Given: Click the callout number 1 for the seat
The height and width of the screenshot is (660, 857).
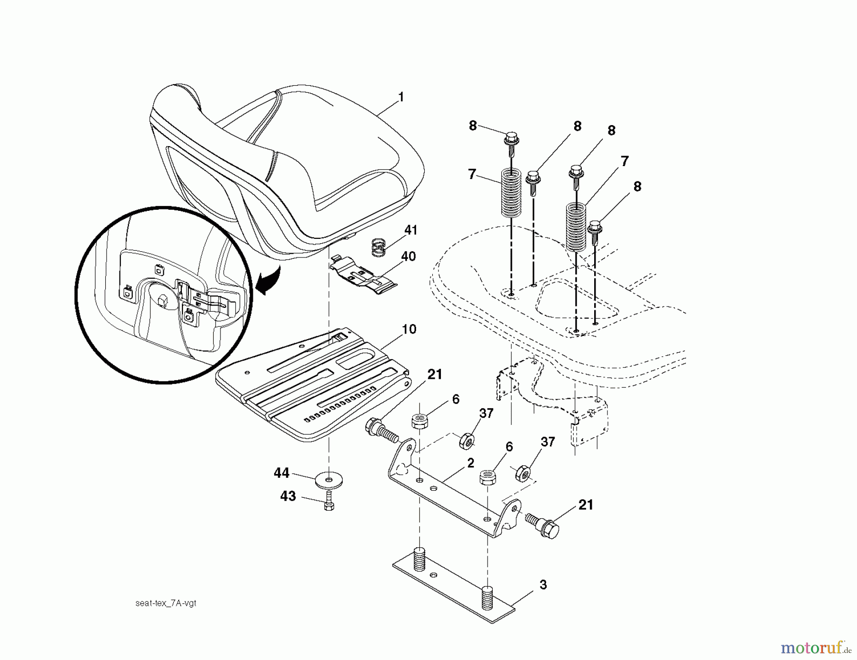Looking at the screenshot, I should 401,97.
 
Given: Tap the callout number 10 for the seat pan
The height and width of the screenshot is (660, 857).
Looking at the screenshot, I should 409,329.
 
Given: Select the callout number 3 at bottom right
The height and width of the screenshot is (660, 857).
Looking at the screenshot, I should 543,585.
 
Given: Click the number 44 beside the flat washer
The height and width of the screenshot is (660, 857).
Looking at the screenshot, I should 281,473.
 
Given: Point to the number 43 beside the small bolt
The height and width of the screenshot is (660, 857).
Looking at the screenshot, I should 288,496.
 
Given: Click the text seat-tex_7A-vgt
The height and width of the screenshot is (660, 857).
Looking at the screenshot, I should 166,603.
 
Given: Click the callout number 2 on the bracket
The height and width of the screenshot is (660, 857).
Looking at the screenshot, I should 470,463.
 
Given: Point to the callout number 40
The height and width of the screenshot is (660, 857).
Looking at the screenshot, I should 409,256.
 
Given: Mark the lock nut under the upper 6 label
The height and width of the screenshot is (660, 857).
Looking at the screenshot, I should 419,422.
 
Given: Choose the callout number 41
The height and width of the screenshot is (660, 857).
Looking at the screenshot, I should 410,230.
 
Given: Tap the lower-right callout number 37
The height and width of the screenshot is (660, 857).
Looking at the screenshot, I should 548,442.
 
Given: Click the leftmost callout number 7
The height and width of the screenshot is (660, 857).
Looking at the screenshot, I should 472,174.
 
